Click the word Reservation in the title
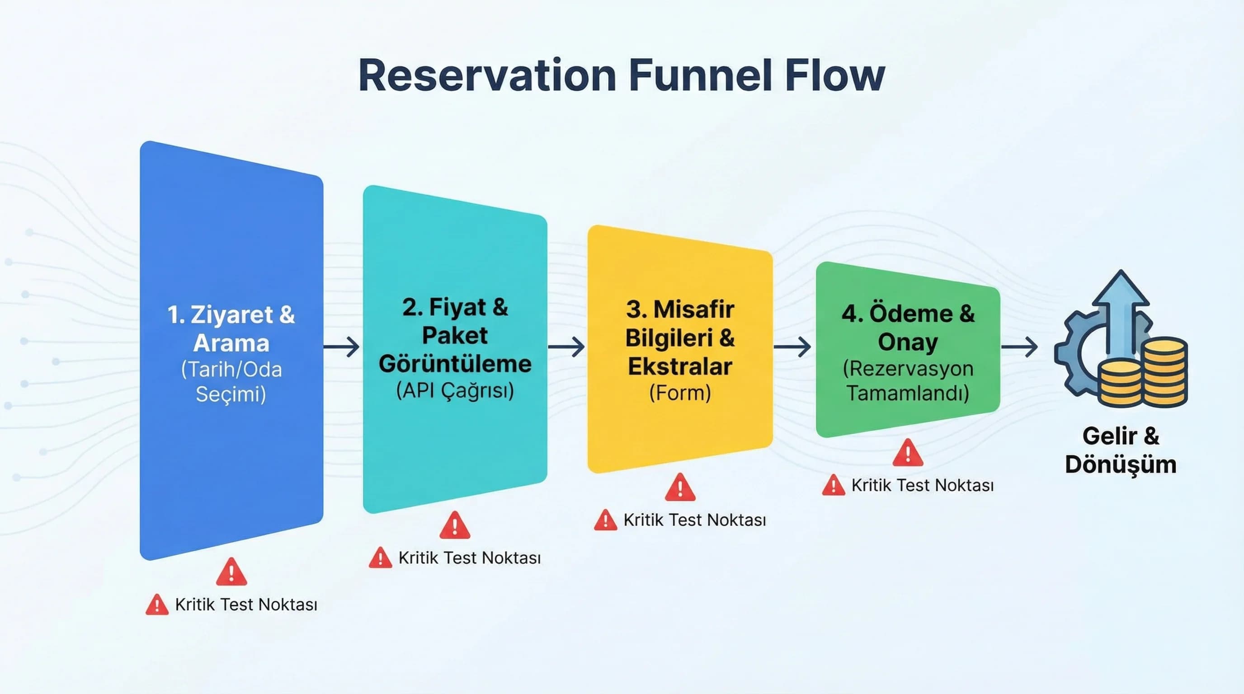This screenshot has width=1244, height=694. pyautogui.click(x=487, y=76)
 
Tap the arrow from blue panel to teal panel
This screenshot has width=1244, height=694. pyautogui.click(x=341, y=347)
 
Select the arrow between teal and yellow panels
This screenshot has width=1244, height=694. pyautogui.click(x=566, y=347)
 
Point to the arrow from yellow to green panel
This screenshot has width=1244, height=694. pyautogui.click(x=792, y=347)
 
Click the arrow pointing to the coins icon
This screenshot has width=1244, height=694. pyautogui.click(x=1019, y=347)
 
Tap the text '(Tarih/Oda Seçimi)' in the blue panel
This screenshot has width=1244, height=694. pyautogui.click(x=231, y=382)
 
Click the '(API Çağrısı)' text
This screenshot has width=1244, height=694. pyautogui.click(x=455, y=390)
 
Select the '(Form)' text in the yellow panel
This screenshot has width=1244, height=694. pyautogui.click(x=680, y=392)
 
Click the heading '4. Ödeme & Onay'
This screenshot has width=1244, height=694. pyautogui.click(x=908, y=328)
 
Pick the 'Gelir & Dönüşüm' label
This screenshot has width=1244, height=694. pyautogui.click(x=1121, y=450)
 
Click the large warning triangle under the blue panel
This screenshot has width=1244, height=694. pyautogui.click(x=231, y=572)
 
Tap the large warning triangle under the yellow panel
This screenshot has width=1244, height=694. pyautogui.click(x=680, y=488)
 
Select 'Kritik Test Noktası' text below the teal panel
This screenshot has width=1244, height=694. pyautogui.click(x=469, y=558)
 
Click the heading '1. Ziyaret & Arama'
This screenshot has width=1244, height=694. pyautogui.click(x=231, y=328)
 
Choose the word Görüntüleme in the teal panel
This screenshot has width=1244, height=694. pyautogui.click(x=455, y=364)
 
